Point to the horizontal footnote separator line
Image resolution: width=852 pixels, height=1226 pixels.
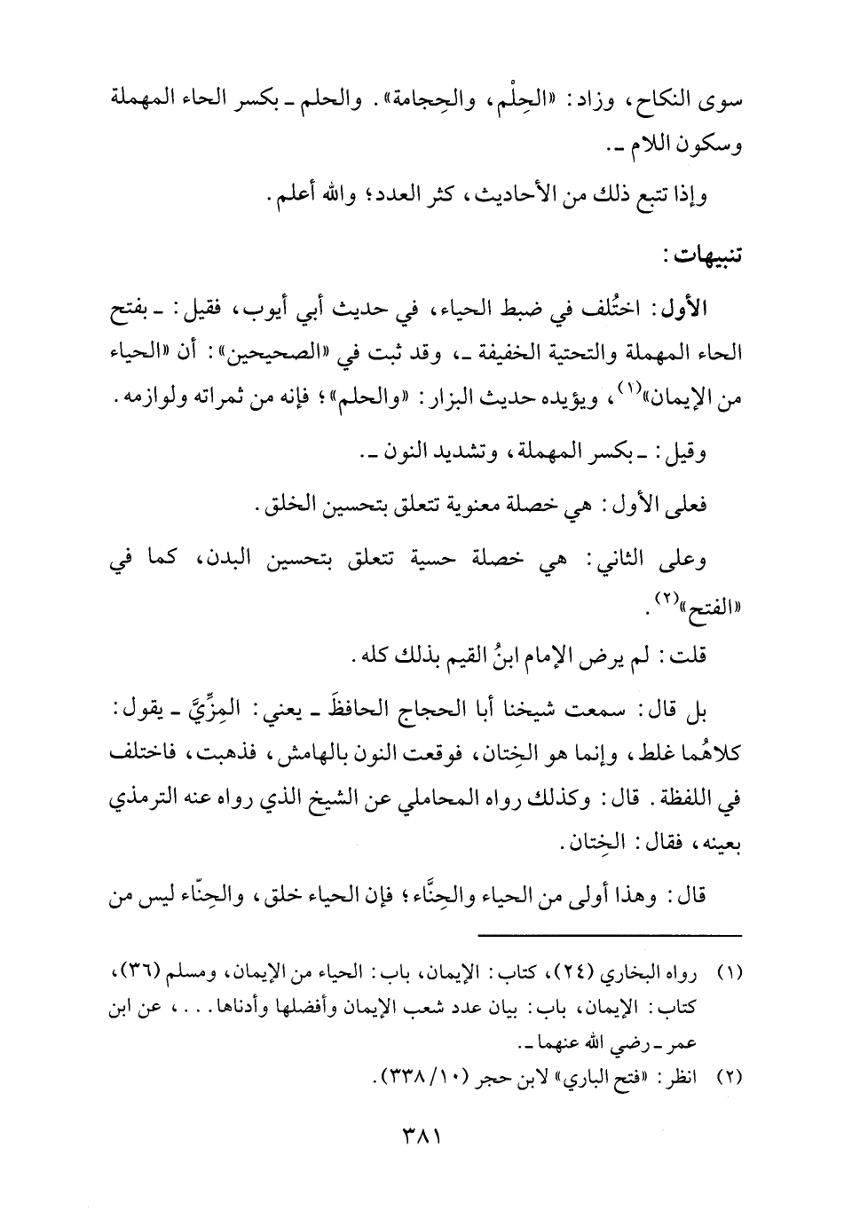tap(610, 935)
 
